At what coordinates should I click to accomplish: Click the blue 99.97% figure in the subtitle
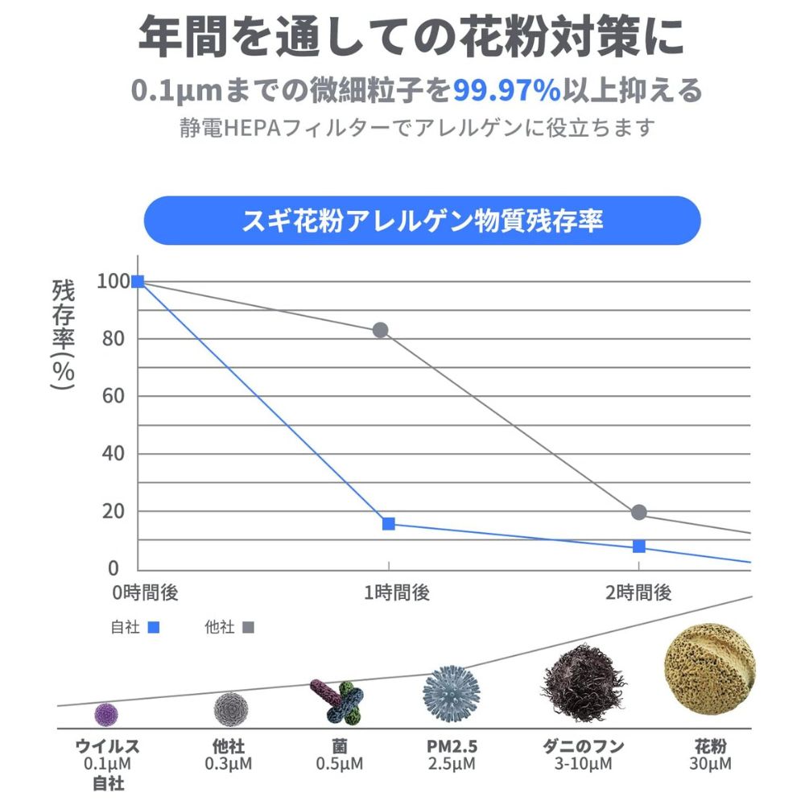[506, 91]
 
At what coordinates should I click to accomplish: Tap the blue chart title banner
[422, 221]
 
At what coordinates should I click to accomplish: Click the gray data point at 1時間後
[380, 330]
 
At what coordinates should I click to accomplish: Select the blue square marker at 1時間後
[389, 524]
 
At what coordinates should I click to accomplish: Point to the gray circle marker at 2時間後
[639, 512]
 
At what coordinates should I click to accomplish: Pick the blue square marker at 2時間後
[639, 547]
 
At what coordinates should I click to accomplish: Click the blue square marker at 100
[138, 281]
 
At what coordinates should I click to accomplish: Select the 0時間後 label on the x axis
[145, 593]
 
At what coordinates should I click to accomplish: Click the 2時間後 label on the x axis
[638, 593]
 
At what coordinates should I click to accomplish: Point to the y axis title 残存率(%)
[63, 334]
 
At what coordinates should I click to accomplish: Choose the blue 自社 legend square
[155, 627]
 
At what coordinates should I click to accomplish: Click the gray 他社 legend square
[248, 627]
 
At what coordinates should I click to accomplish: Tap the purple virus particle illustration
[107, 713]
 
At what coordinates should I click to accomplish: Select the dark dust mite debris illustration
[582, 685]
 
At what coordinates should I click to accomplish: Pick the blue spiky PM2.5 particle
[451, 694]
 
